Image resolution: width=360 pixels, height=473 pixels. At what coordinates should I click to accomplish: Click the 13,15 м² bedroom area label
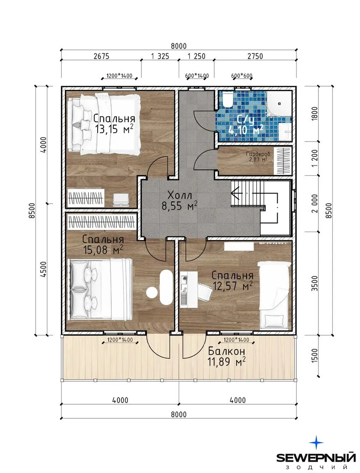point(114,129)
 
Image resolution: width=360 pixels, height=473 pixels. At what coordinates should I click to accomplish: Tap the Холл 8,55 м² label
point(180,200)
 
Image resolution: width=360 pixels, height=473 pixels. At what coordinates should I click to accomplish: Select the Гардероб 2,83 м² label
point(258,156)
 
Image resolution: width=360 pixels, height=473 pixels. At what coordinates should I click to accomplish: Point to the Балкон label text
point(226,351)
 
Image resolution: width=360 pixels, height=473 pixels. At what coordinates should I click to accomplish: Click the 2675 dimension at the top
point(102,56)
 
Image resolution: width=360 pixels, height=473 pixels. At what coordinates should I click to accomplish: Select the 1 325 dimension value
point(160,56)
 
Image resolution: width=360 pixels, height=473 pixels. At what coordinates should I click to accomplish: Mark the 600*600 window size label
point(242,76)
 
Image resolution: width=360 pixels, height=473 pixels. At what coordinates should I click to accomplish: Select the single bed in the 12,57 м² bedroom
point(273,294)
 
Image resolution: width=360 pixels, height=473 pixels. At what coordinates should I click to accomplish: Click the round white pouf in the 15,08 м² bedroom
point(152,292)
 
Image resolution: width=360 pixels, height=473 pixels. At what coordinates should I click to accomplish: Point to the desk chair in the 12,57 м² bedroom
point(204,291)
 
